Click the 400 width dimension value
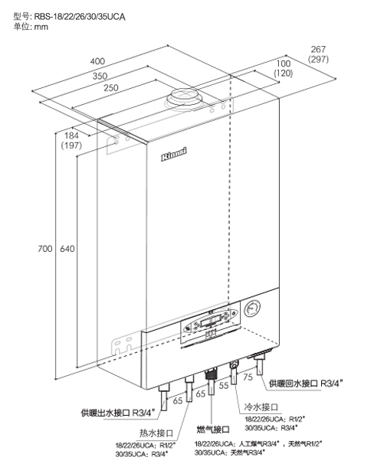pyautogui.click(x=97, y=61)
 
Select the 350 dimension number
pyautogui.click(x=100, y=76)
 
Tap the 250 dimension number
pyautogui.click(x=111, y=87)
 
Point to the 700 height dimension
pyautogui.click(x=45, y=248)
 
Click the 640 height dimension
pyautogui.click(x=67, y=248)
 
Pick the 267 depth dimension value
pyautogui.click(x=318, y=49)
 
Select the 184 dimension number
pyautogui.click(x=71, y=136)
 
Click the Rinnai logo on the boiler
pyautogui.click(x=174, y=154)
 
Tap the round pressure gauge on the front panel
pyautogui.click(x=252, y=309)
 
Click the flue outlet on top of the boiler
pyautogui.click(x=185, y=100)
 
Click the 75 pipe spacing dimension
pyautogui.click(x=248, y=377)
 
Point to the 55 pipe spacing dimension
pyautogui.click(x=224, y=385)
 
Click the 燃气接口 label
pyautogui.click(x=213, y=429)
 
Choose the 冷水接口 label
pyautogui.click(x=261, y=407)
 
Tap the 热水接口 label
pyautogui.click(x=156, y=433)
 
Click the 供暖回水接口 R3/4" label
pyautogui.click(x=306, y=384)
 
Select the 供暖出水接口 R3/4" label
pyautogui.click(x=118, y=413)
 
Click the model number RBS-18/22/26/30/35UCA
pyautogui.click(x=80, y=16)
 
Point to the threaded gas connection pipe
pyautogui.click(x=212, y=381)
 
